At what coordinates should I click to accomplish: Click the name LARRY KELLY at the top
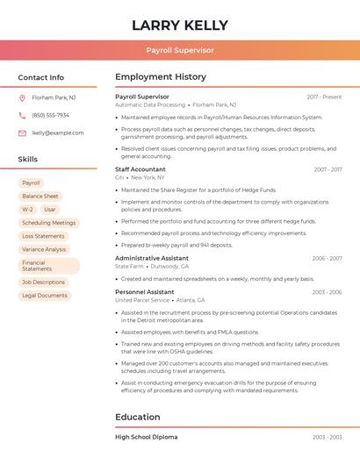(x=180, y=25)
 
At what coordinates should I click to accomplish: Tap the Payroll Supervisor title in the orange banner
(x=180, y=50)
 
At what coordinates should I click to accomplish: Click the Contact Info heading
(x=41, y=77)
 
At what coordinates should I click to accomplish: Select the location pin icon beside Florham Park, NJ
(x=22, y=97)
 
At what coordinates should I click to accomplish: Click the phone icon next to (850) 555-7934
(x=22, y=115)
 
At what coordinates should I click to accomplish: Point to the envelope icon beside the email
(x=22, y=133)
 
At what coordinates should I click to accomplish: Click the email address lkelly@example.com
(x=58, y=133)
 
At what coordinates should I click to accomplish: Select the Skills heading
(x=28, y=159)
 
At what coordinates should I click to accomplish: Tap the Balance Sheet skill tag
(x=40, y=197)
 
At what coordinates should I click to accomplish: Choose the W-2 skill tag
(x=27, y=210)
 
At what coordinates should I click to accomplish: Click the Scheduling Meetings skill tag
(x=49, y=223)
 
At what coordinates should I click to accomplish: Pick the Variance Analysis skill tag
(x=44, y=249)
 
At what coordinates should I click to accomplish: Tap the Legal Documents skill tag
(x=45, y=296)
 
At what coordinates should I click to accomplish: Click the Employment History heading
(x=161, y=77)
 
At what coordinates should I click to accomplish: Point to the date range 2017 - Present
(x=324, y=97)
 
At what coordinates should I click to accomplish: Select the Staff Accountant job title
(x=140, y=169)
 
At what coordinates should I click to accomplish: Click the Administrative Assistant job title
(x=152, y=258)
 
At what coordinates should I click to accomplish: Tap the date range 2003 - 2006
(x=327, y=292)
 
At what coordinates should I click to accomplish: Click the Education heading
(x=138, y=417)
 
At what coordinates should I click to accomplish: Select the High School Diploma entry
(x=146, y=437)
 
